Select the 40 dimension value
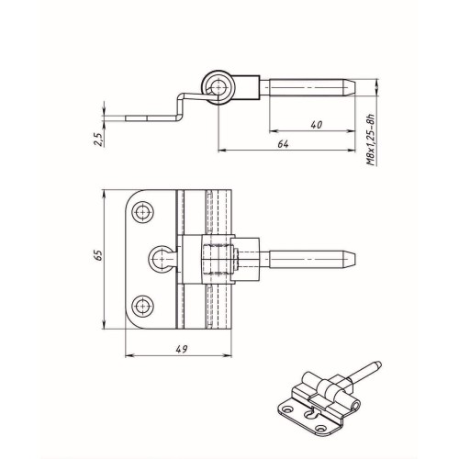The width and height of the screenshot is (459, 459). (x=317, y=125)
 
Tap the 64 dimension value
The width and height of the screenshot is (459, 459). (x=283, y=144)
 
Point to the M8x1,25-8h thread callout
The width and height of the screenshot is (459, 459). (x=371, y=140)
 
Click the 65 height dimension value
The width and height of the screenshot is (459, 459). (x=98, y=255)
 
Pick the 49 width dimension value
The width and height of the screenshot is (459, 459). (x=182, y=349)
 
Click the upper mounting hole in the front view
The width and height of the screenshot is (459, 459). (x=142, y=212)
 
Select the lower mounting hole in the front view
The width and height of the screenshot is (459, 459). (x=142, y=306)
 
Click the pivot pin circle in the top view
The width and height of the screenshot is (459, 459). (x=218, y=87)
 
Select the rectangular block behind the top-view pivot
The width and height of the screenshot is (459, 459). (x=246, y=87)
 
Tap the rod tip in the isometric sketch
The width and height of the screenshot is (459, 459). (x=377, y=364)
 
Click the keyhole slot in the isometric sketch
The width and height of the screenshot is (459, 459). (x=309, y=414)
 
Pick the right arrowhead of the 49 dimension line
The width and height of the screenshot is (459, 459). (x=228, y=355)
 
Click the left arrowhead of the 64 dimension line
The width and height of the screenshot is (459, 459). (x=222, y=151)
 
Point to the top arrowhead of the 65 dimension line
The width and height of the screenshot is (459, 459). (x=105, y=194)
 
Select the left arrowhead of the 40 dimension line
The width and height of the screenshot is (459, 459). (x=274, y=131)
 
